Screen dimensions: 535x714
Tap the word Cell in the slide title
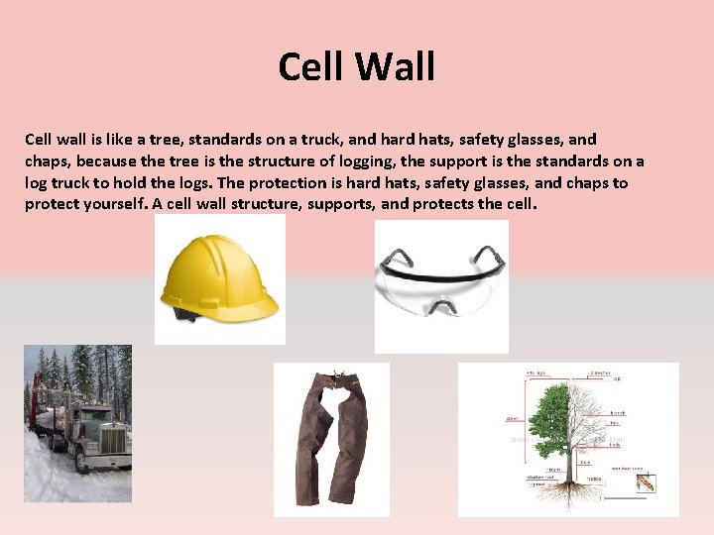pyautogui.click(x=310, y=67)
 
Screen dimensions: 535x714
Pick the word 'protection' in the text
pyautogui.click(x=306, y=182)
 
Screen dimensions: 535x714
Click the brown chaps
pyautogui.click(x=331, y=436)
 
